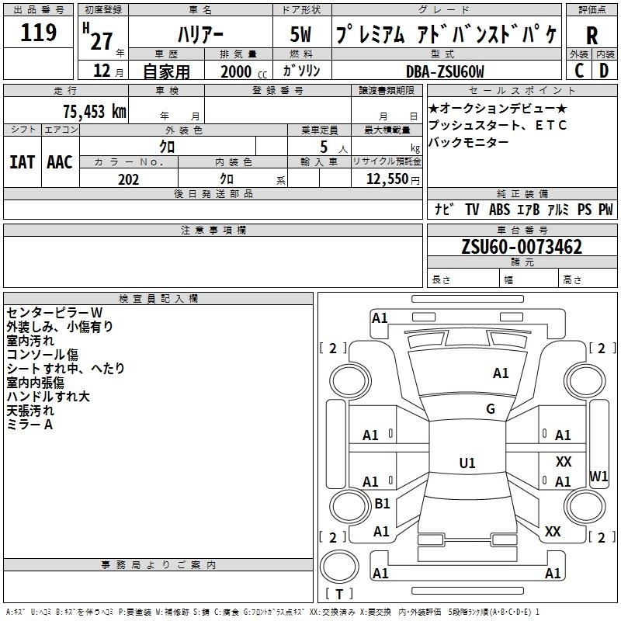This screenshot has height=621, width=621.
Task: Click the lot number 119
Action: [x=38, y=33]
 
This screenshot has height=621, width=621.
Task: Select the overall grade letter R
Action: [x=592, y=36]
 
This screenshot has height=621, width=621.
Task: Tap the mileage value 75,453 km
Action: [x=95, y=111]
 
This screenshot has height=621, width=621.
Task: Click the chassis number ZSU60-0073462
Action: [x=522, y=247]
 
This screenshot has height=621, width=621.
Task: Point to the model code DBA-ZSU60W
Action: [x=445, y=71]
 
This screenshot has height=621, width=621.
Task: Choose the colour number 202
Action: [x=128, y=179]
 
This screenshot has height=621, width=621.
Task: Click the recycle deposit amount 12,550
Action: [x=387, y=179]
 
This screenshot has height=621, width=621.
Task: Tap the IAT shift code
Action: [x=23, y=162]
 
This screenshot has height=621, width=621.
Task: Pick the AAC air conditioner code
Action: [x=60, y=162]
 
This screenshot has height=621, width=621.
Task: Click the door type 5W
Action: [x=300, y=34]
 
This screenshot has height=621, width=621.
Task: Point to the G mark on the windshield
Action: [x=491, y=409]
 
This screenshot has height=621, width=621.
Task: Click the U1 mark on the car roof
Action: [x=467, y=463]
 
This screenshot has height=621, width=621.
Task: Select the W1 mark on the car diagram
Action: [x=598, y=477]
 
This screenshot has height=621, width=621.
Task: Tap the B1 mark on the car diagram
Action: [x=382, y=503]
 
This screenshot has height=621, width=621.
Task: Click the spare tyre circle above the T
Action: [x=339, y=567]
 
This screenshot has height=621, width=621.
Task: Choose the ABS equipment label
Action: [x=499, y=210]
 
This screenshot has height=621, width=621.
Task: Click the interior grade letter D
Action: [x=604, y=71]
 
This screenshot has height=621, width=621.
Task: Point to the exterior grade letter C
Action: [x=579, y=71]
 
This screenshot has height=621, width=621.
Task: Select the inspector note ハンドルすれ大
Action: [x=48, y=397]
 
